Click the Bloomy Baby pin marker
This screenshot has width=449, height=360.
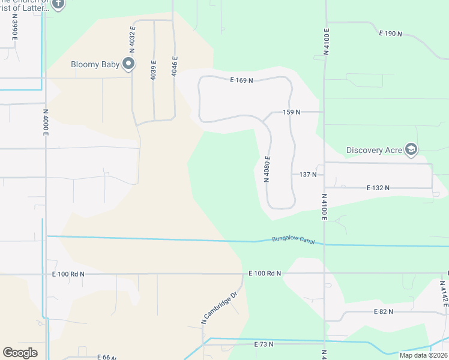128,64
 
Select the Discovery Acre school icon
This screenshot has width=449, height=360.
411,149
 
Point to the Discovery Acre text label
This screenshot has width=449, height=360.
373,150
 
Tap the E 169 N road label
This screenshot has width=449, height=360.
241,80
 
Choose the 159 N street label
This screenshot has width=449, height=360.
291,112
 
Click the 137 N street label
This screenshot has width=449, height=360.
307,175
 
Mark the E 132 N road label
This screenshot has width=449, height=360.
378,188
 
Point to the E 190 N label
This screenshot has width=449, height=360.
390,34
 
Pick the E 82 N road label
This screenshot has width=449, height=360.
382,311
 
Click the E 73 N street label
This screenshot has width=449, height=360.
264,344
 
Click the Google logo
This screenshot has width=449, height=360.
20,353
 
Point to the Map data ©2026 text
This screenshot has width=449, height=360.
423,355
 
